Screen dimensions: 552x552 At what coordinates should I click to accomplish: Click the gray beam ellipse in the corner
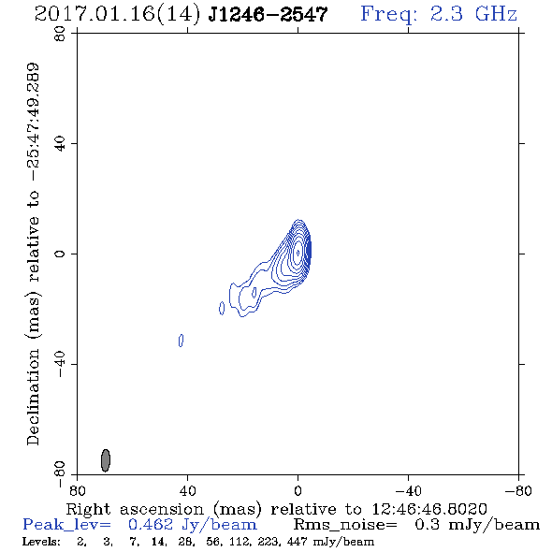106,460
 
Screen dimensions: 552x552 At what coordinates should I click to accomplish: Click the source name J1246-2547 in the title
268,14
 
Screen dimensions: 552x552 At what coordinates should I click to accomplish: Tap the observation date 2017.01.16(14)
117,14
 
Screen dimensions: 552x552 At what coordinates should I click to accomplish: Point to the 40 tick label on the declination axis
60,143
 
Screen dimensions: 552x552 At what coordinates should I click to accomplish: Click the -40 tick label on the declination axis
60,364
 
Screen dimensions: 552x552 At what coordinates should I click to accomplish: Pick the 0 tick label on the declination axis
60,254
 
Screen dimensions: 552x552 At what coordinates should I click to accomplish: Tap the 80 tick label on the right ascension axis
77,490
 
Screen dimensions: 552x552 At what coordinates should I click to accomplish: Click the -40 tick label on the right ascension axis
408,490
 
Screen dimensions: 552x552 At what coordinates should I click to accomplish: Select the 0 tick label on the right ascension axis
298,490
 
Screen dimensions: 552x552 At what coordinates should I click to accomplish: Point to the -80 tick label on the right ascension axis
518,490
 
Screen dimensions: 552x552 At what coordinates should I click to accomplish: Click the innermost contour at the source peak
298,253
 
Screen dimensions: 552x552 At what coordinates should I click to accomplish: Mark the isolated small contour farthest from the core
181,341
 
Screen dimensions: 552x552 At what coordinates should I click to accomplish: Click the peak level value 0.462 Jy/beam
193,525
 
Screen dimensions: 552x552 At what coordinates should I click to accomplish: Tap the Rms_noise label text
345,525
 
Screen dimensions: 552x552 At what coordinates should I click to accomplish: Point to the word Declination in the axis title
33,398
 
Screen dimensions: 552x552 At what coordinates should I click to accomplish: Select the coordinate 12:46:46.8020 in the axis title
429,509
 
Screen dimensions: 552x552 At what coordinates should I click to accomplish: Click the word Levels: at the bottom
41,541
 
